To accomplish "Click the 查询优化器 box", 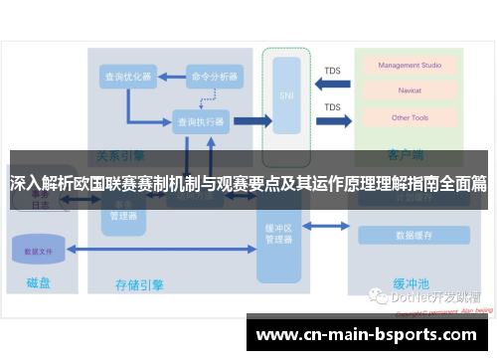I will (x=127, y=76).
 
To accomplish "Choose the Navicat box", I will (x=410, y=91).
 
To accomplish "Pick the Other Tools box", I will (x=410, y=117).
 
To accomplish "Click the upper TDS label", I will (x=333, y=70).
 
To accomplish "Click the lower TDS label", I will (x=333, y=106).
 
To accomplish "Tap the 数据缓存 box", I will (x=414, y=236).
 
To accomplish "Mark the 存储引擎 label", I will (x=139, y=284).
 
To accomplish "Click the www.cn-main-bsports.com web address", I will (x=367, y=334).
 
